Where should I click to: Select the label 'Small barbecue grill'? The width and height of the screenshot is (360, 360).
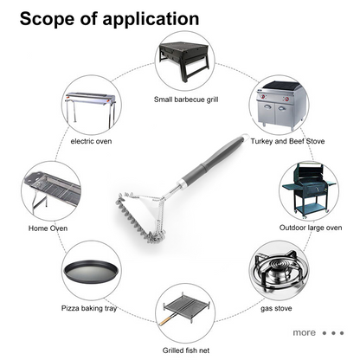186,100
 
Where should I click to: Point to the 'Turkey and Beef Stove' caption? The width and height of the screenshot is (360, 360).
286,140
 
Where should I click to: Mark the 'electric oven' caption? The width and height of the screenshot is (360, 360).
92,140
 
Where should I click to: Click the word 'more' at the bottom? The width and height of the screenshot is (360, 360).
304,332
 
